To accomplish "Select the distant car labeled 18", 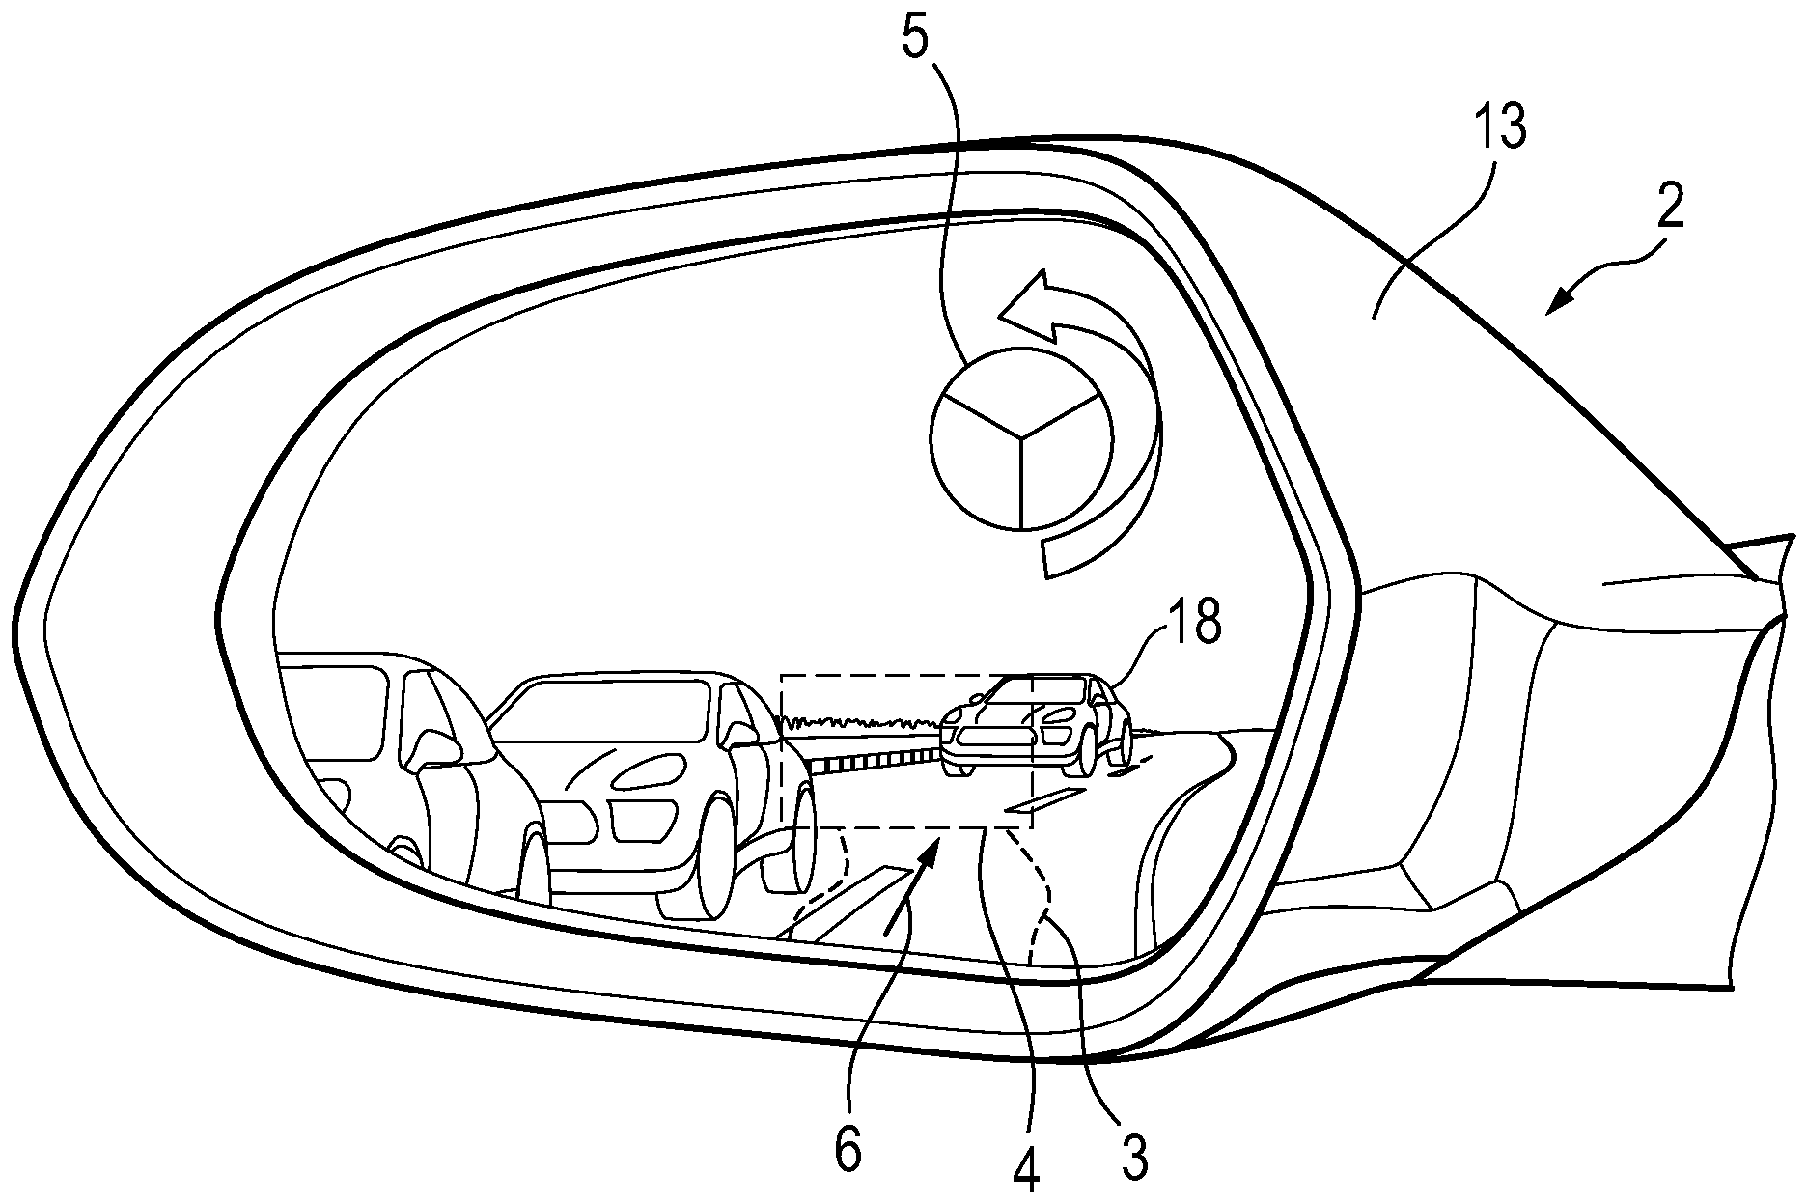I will coord(1038,724).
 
